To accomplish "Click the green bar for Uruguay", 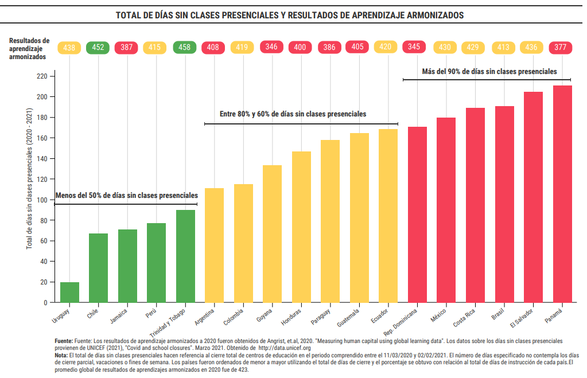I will click(x=69, y=292).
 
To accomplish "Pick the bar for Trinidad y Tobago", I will click(x=185, y=256).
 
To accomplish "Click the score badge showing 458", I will click(x=185, y=48).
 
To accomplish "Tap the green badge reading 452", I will click(x=98, y=48).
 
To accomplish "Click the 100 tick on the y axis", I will click(x=41, y=200).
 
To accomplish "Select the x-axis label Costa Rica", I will click(x=464, y=318).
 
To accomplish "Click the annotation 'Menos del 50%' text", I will click(x=126, y=195).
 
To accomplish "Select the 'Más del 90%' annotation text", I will click(x=489, y=72).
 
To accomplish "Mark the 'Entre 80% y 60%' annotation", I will click(x=293, y=114).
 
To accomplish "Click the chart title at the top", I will click(x=290, y=15).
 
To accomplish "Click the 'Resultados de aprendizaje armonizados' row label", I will click(x=29, y=49).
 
